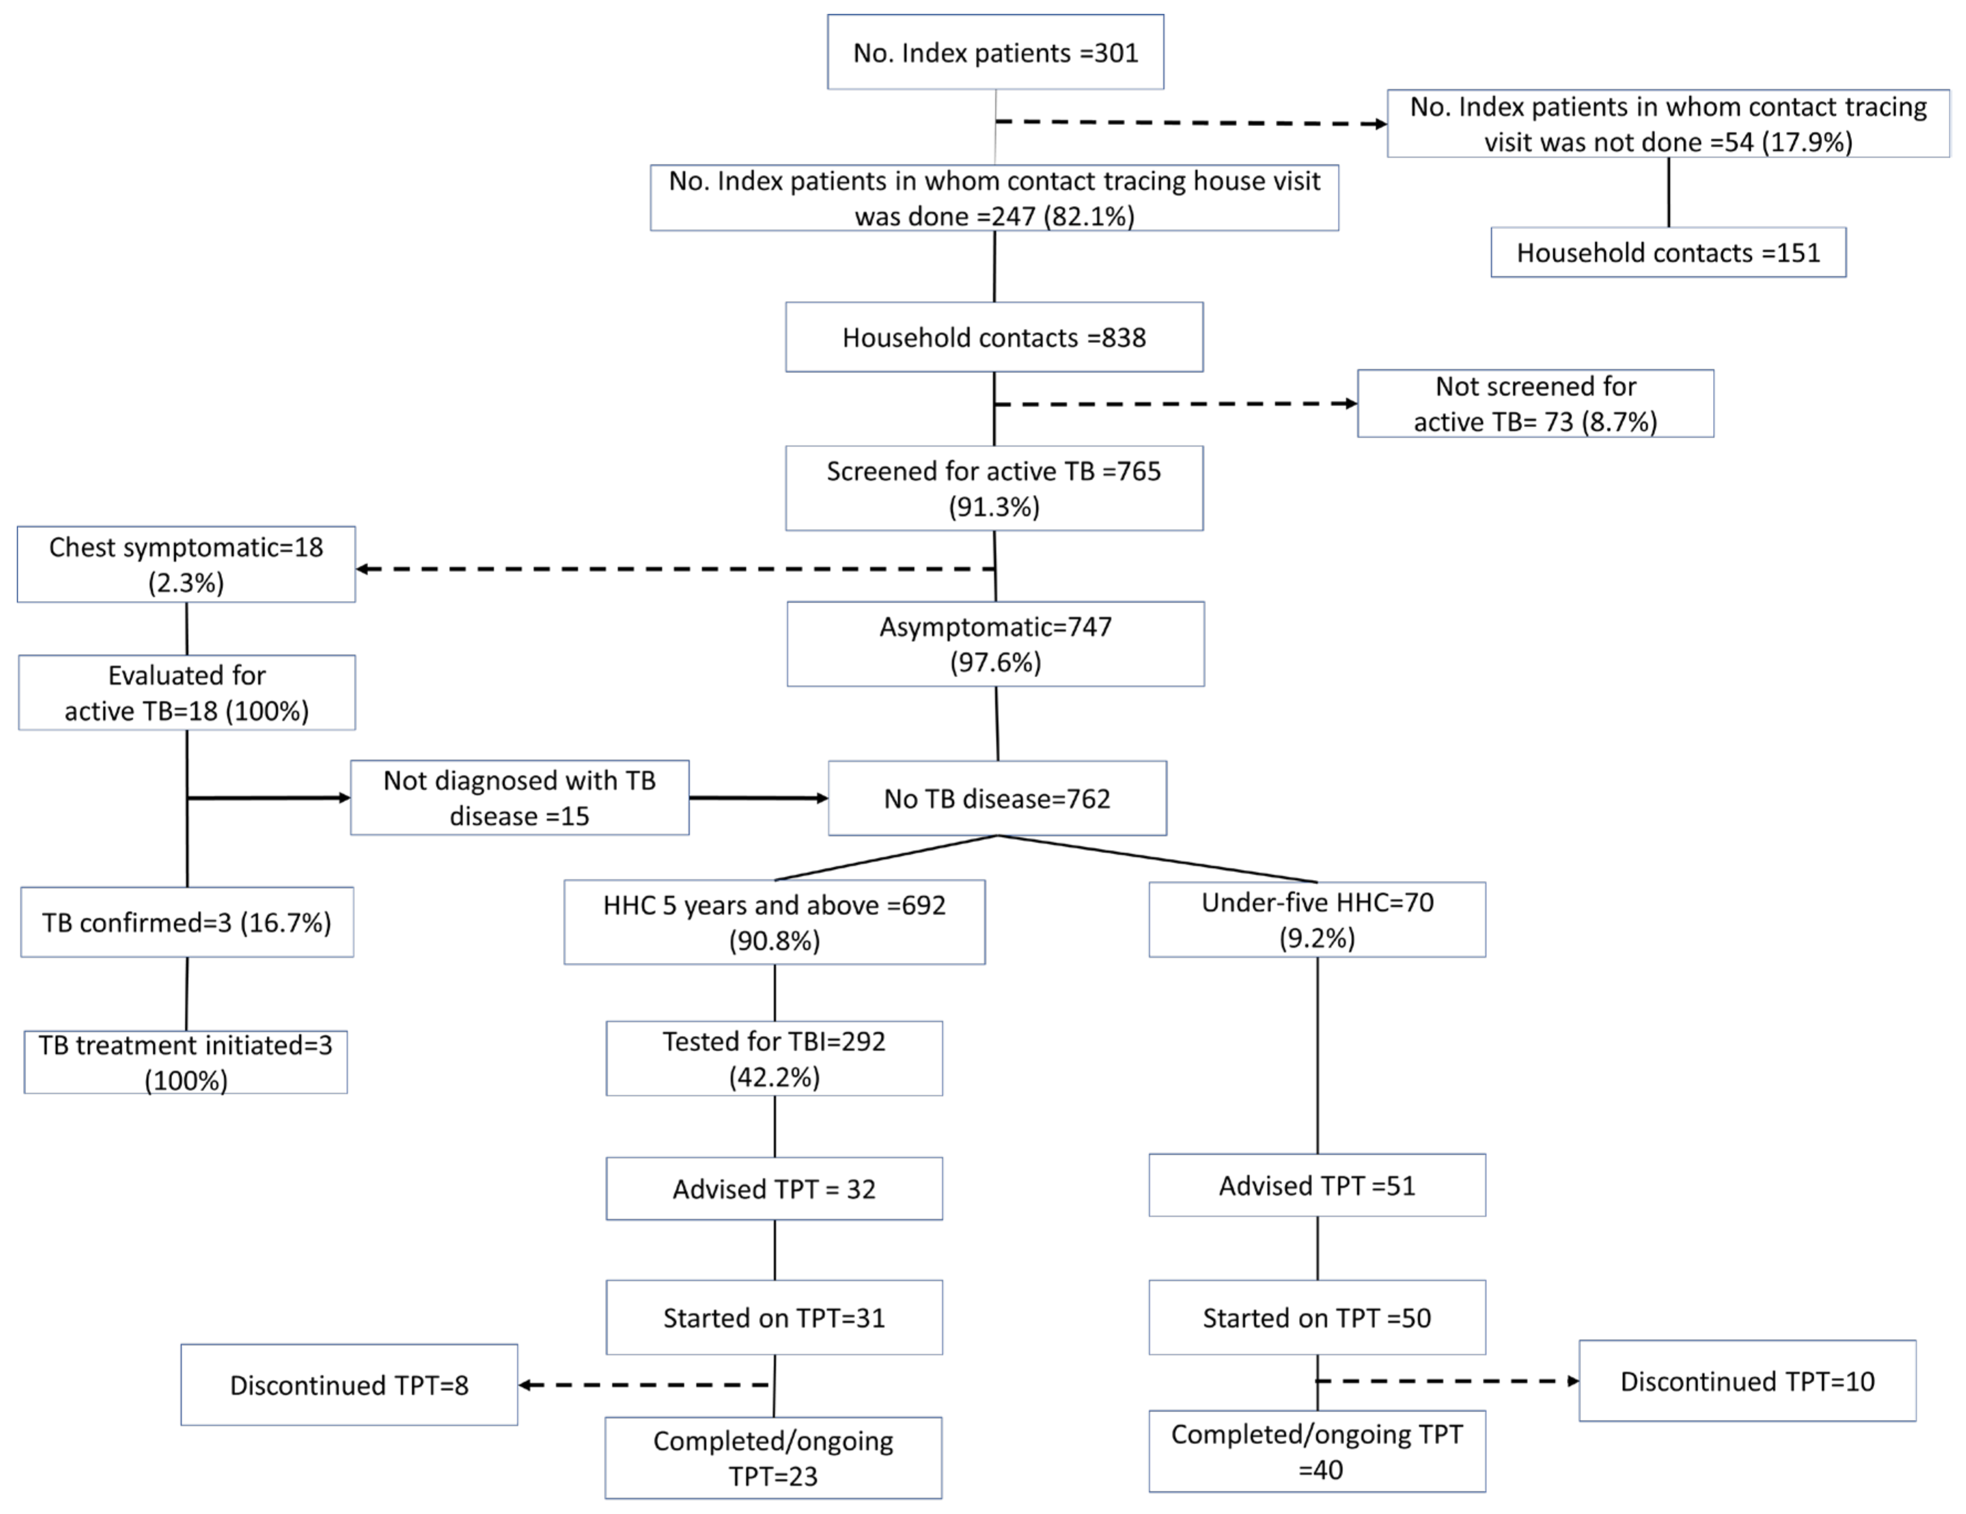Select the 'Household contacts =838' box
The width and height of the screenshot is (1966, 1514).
(x=994, y=338)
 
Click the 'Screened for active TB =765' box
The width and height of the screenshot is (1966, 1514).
(x=994, y=488)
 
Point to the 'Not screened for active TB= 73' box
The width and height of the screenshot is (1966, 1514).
(x=1535, y=404)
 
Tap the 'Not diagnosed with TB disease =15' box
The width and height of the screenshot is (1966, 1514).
(x=519, y=797)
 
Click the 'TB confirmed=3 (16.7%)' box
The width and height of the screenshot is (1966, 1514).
(x=187, y=922)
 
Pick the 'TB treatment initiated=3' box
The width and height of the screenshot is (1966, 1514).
(x=185, y=1062)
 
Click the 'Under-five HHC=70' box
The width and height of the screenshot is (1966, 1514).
(x=1317, y=919)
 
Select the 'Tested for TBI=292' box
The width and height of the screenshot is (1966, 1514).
(x=774, y=1059)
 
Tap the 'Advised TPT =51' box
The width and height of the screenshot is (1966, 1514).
(x=1317, y=1185)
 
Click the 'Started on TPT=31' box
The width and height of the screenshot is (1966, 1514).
(x=774, y=1318)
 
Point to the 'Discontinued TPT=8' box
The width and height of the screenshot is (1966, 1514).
(x=349, y=1385)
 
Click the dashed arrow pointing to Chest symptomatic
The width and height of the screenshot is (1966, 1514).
(x=675, y=569)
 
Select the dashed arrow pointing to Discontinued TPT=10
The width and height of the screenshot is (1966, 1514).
(x=1449, y=1381)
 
